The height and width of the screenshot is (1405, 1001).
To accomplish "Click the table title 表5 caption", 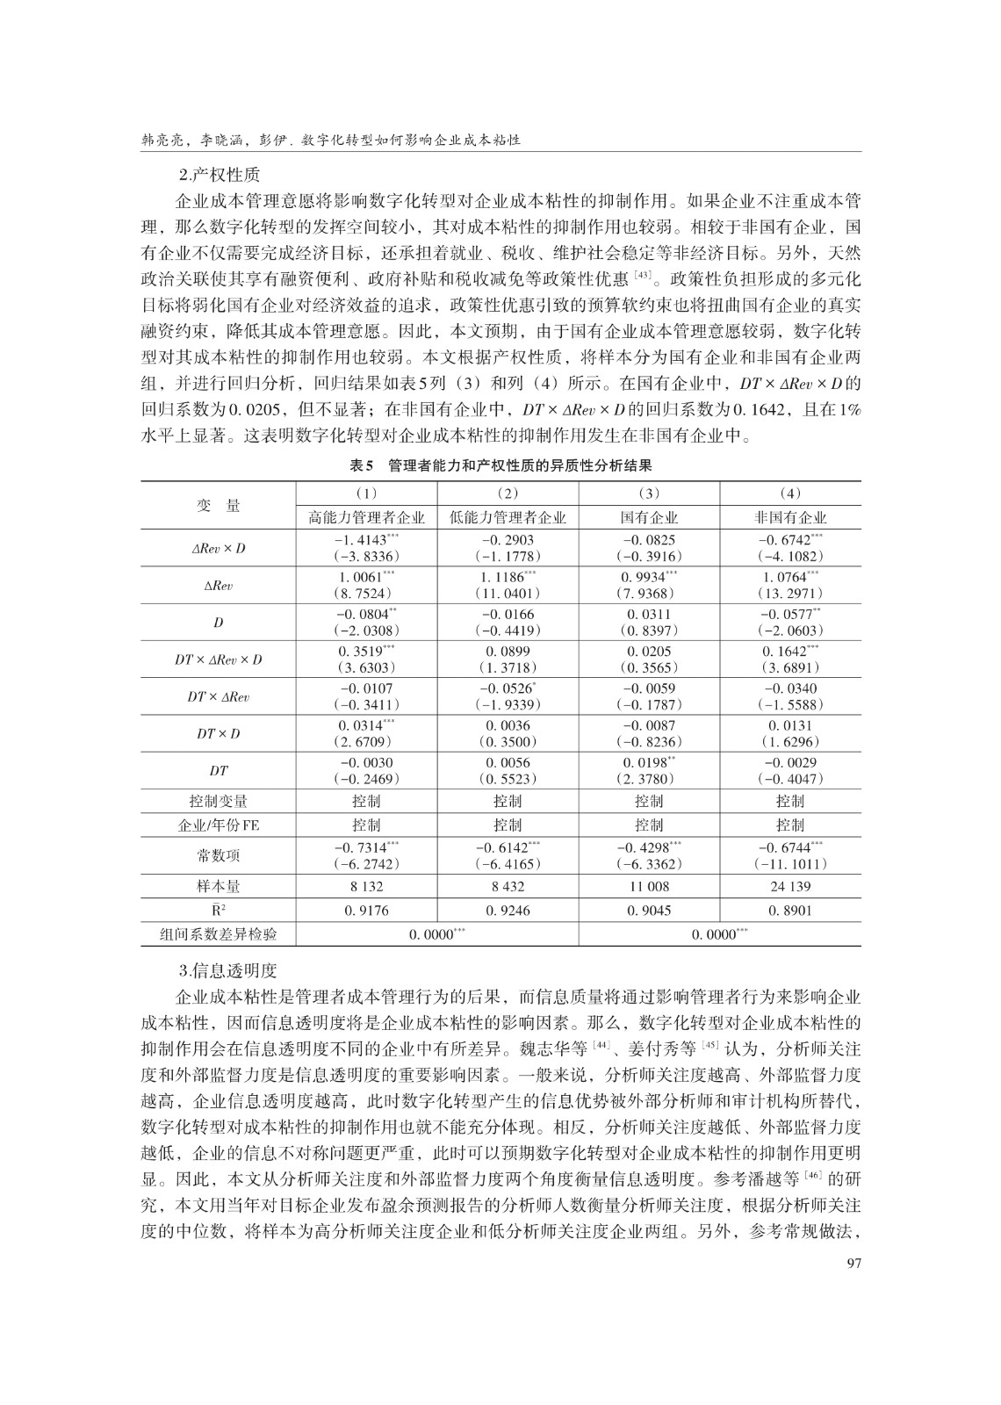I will point(500,465).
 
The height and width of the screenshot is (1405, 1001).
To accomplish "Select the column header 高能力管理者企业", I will point(366,517).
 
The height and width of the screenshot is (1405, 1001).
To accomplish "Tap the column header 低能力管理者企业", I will point(508,517).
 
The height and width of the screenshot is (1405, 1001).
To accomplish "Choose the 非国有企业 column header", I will point(790,517).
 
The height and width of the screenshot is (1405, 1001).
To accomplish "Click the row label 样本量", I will point(218,887).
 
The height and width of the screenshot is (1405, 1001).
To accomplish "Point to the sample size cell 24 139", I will point(790,887).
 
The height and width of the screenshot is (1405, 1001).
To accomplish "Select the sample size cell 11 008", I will point(649,887).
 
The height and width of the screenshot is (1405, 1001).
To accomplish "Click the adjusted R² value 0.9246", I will point(508,911).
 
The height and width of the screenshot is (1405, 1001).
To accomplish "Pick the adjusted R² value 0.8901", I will point(790,911).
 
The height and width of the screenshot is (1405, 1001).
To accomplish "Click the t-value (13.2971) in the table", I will point(790,594).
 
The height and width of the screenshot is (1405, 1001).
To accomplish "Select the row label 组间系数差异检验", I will point(218,934).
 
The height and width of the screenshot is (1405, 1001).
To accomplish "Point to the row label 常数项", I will point(218,855).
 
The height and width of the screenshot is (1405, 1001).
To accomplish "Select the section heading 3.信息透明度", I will point(227,971).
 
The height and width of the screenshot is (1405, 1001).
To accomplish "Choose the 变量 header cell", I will point(218,505).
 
